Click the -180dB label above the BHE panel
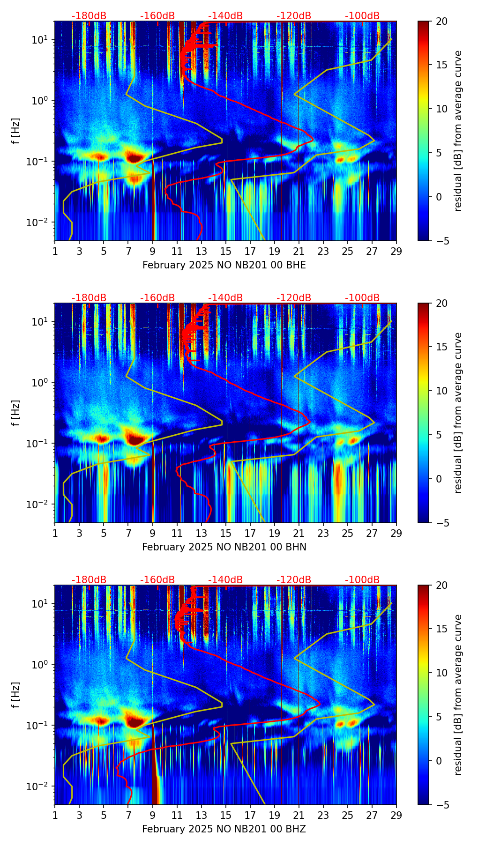tap(89, 16)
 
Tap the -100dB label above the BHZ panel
tap(362, 580)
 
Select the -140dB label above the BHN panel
tap(225, 298)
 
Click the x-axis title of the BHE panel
tap(224, 265)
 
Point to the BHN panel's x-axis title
tap(224, 547)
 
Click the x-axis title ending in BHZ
tap(224, 829)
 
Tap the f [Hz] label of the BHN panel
tap(15, 413)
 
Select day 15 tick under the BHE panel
tap(226, 251)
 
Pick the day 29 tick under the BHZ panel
tap(396, 815)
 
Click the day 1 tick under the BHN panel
tap(55, 533)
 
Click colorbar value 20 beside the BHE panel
tap(442, 21)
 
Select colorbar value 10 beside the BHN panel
tap(442, 391)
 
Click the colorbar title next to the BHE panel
tap(458, 131)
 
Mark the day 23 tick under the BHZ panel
tap(323, 815)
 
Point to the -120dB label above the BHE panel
tap(294, 16)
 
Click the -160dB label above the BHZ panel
tap(157, 580)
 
